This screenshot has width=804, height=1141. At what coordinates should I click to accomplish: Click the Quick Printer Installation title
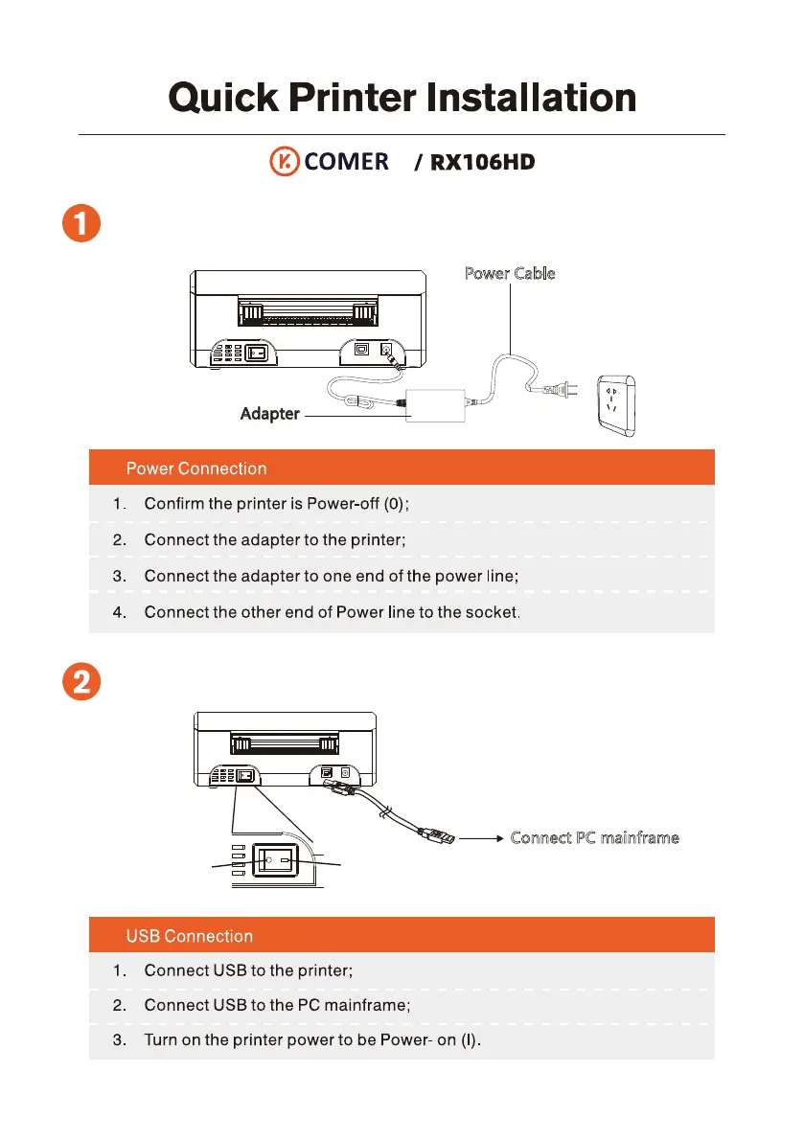[x=402, y=98]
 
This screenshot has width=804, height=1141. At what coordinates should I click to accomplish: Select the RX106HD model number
[x=482, y=163]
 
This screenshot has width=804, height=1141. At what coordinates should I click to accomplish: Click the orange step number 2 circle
[x=83, y=683]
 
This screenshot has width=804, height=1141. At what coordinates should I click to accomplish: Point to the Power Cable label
[x=509, y=273]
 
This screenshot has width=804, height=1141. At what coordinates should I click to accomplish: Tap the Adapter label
[x=269, y=415]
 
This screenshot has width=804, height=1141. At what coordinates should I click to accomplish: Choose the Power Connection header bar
[x=402, y=468]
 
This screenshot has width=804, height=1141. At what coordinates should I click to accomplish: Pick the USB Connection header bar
[x=402, y=936]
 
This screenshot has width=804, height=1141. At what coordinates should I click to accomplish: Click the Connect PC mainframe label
[x=595, y=838]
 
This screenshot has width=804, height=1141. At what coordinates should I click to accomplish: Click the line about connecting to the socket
[x=332, y=612]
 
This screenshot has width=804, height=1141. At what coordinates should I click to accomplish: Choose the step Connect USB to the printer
[x=248, y=970]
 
